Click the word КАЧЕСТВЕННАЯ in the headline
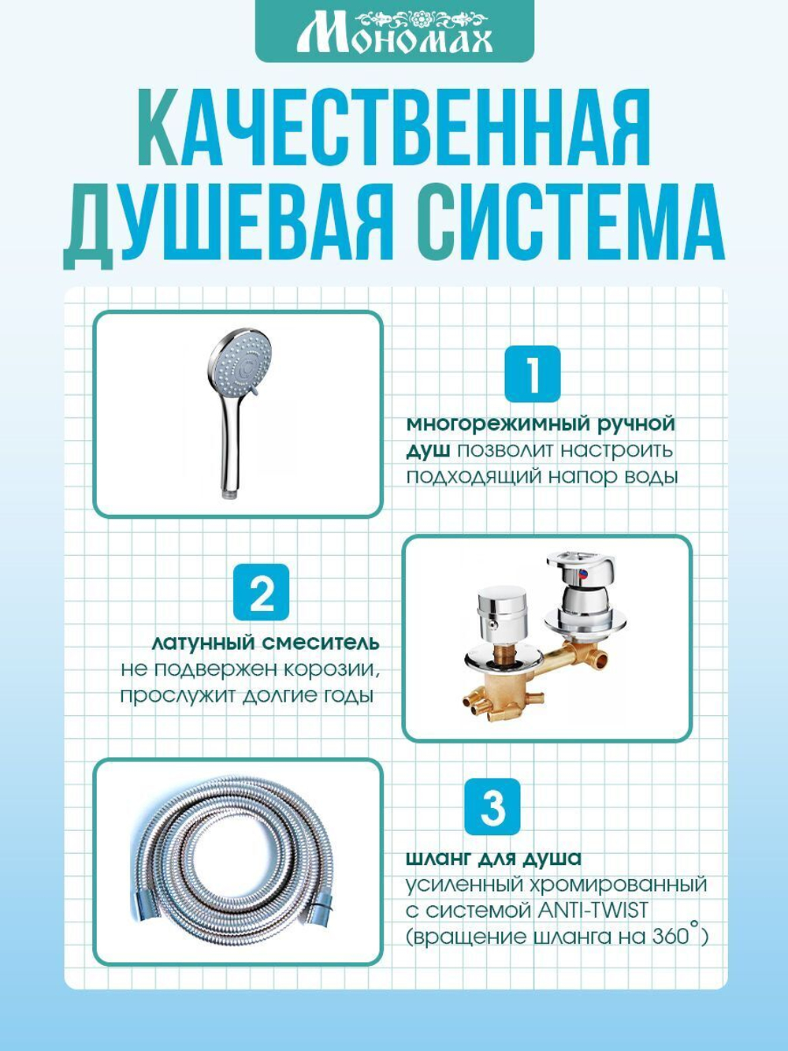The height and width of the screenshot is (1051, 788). point(394,126)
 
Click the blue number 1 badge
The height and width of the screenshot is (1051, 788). point(532,374)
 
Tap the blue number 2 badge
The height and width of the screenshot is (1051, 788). point(262,592)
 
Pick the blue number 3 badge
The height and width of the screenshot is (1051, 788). point(492,807)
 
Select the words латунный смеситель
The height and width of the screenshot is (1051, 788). point(266,643)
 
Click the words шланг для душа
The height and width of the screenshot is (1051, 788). point(494,859)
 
